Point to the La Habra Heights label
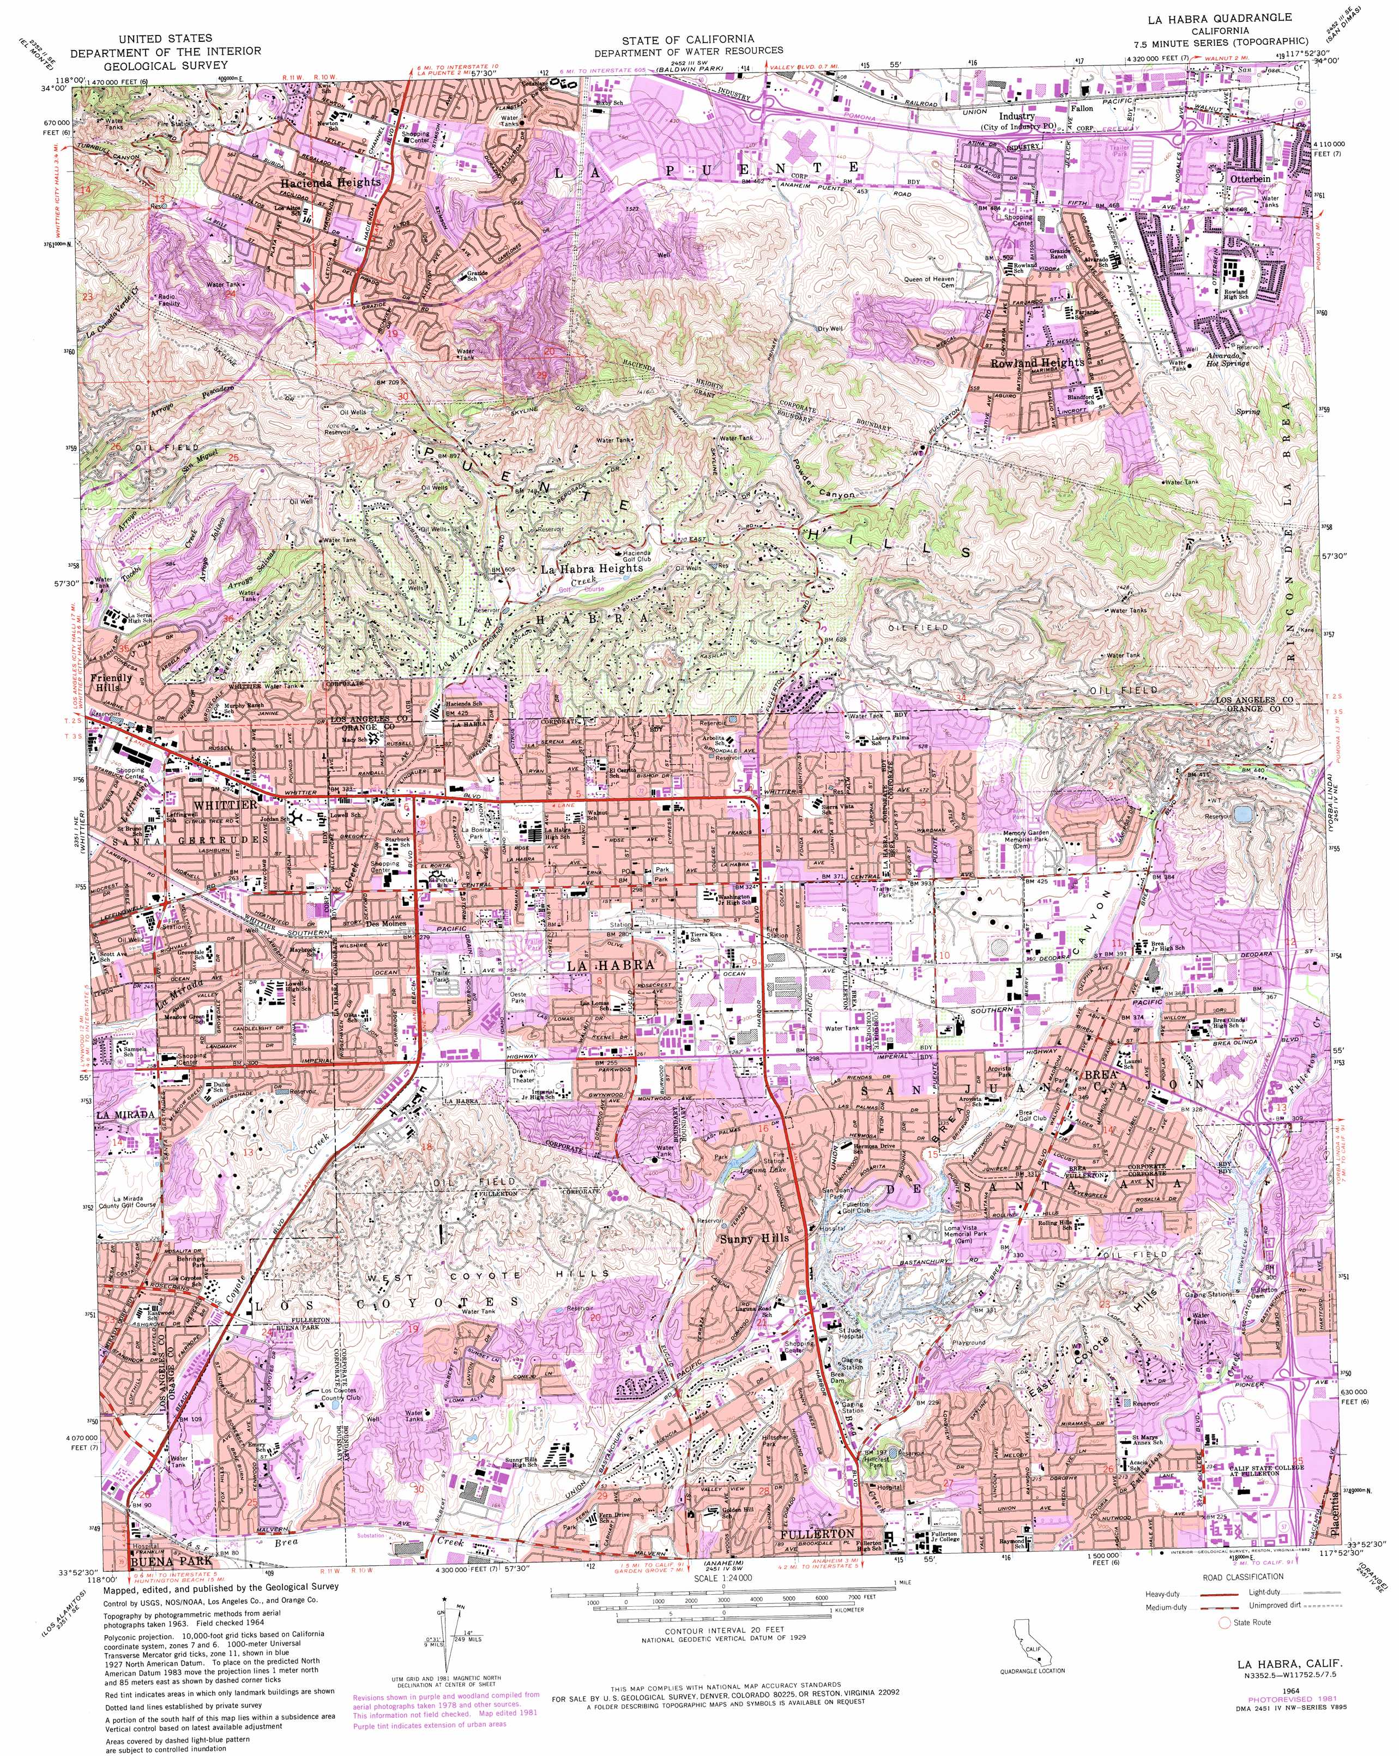pos(592,568)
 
